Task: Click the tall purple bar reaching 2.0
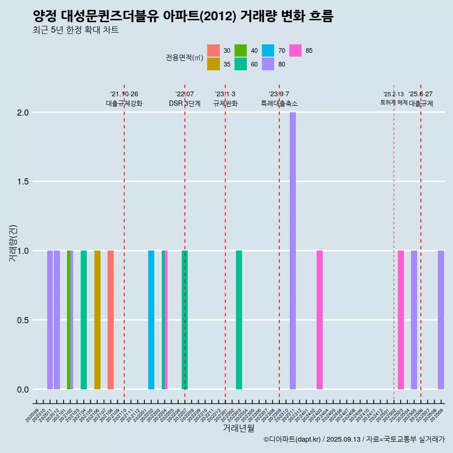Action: (293, 250)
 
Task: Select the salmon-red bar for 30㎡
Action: (110, 319)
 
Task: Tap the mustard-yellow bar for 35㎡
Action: (97, 319)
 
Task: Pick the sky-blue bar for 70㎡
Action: (151, 319)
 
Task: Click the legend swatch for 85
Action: (295, 50)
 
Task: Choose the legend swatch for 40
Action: (241, 50)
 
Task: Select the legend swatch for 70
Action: (268, 50)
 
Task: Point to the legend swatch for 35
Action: (213, 64)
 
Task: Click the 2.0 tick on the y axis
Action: (24, 113)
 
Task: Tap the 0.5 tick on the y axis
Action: (24, 320)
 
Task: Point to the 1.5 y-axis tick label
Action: (24, 182)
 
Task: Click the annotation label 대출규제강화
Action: (124, 103)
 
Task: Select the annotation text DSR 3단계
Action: (185, 103)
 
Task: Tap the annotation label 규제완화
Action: (225, 103)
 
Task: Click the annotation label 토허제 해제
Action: (394, 102)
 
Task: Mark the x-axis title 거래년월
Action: (238, 428)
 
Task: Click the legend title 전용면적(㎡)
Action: (184, 58)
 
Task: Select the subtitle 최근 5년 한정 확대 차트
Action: (75, 30)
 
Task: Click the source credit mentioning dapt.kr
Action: (354, 439)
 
